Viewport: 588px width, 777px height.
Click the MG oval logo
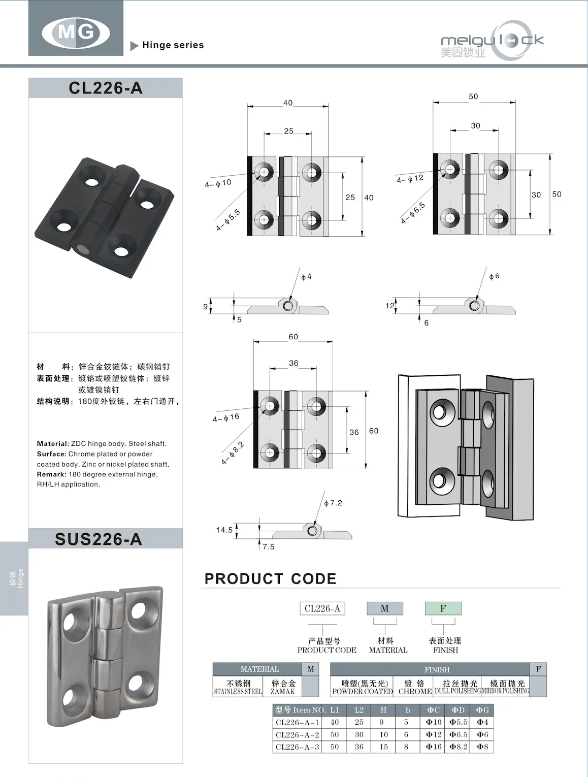coord(76,33)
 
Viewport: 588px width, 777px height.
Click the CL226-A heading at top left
coord(105,88)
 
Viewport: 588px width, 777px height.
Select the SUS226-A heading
coord(99,539)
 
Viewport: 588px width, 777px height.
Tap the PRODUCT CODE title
coord(270,578)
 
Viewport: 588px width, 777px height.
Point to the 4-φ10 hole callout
coord(218,183)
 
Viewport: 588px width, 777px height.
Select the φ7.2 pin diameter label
coord(333,503)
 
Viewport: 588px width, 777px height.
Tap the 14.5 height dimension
coord(224,530)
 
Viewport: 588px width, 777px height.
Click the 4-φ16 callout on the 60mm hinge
coord(226,417)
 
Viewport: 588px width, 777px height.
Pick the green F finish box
coord(443,608)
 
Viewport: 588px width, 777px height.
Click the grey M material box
coord(384,608)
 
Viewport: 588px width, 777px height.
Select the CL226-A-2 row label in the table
coord(298,734)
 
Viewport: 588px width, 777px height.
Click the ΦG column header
coord(482,710)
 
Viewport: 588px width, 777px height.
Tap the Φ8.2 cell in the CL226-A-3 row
coord(458,747)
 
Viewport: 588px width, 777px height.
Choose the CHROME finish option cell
coord(415,687)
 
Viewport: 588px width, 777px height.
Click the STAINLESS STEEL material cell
coord(238,687)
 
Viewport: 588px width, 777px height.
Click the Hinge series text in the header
coord(173,45)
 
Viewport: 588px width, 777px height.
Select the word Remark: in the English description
coord(51,474)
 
